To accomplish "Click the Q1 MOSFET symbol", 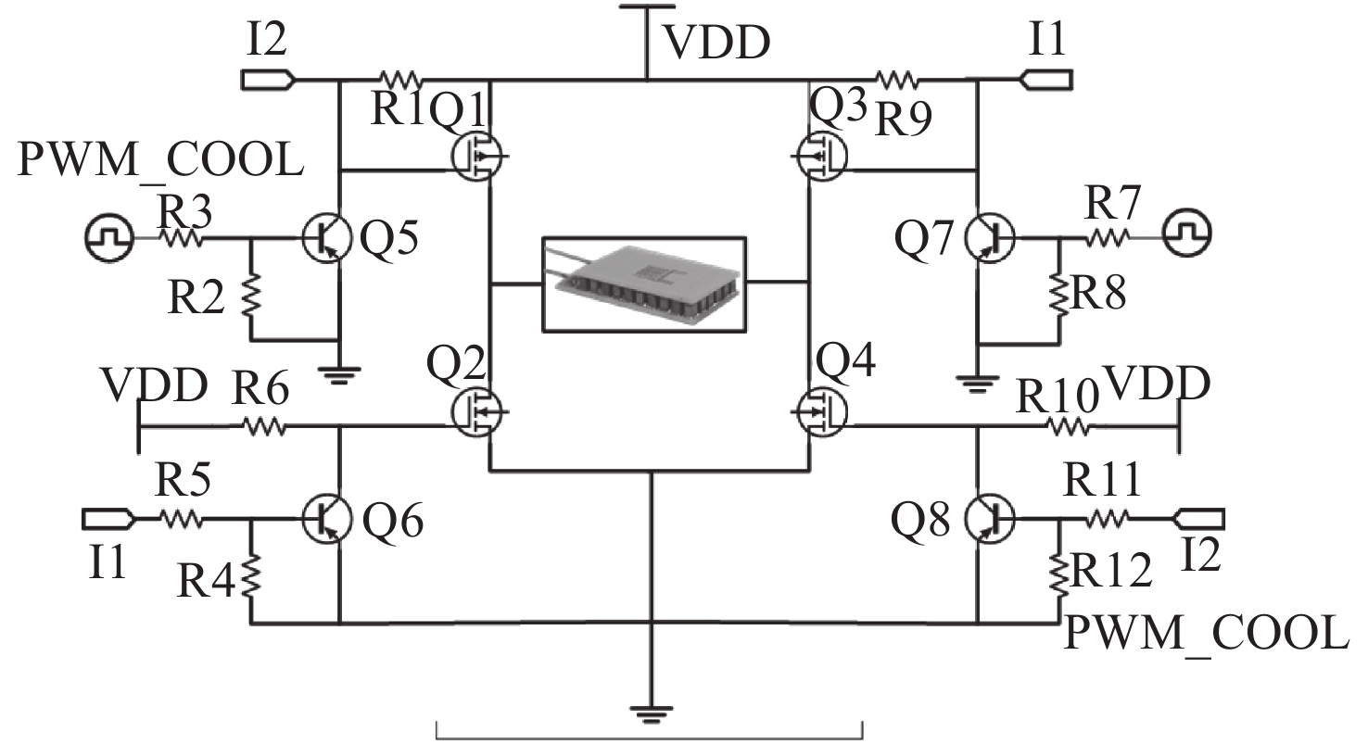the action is click(477, 156).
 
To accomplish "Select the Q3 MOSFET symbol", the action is click(822, 156).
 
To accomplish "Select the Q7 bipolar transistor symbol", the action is click(990, 238).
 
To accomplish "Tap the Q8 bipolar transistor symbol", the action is click(990, 520).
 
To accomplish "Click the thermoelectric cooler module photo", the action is click(644, 284).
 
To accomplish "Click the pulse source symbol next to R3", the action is click(109, 237).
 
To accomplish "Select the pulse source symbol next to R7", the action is click(1187, 233).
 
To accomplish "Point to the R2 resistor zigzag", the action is click(250, 296).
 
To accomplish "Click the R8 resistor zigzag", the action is click(1059, 296).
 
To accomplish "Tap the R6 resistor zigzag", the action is click(265, 425).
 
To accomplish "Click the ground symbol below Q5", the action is click(339, 374).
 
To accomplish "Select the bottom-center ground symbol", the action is click(652, 714).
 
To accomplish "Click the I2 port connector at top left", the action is click(270, 80).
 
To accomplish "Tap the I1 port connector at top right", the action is click(1046, 80).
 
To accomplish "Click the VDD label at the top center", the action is click(717, 44).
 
